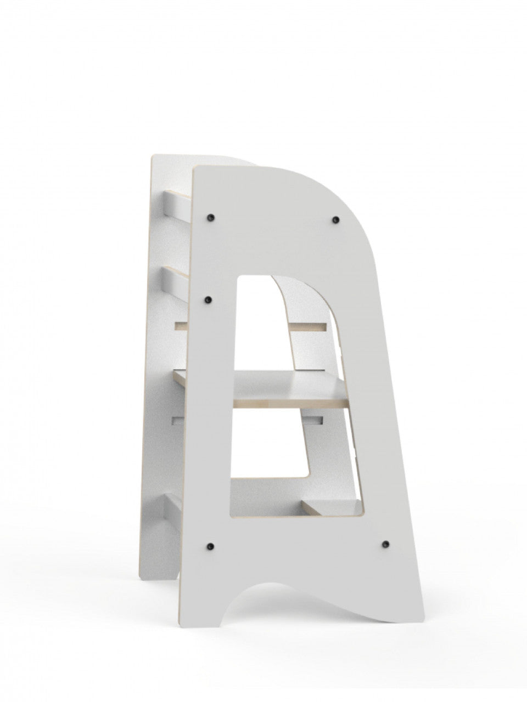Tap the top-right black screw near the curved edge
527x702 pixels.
coord(335,220)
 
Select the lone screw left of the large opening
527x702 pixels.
coord(209,300)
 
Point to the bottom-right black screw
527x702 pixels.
coord(385,543)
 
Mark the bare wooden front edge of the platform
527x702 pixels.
coord(291,403)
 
